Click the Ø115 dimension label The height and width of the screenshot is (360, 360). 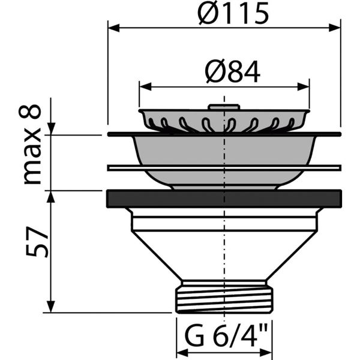(x=233, y=14)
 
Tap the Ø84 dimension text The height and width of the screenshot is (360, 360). (x=233, y=73)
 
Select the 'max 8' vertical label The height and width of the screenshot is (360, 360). (x=31, y=144)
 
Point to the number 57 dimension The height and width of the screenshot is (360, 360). (x=37, y=242)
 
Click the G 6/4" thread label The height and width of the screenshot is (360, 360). (x=226, y=335)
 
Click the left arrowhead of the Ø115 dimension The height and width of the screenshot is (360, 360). (x=114, y=28)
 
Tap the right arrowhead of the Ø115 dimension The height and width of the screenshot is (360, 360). (x=334, y=28)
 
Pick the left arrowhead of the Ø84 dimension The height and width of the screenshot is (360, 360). (x=146, y=87)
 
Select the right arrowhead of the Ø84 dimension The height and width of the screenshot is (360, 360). (x=304, y=87)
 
